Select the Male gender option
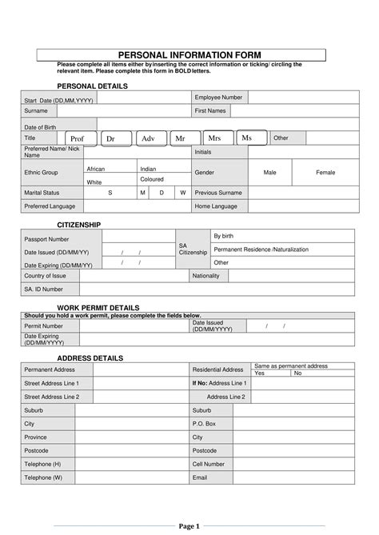[x=270, y=172]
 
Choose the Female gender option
[x=325, y=172]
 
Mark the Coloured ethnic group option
[x=152, y=179]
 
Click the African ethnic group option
[x=95, y=169]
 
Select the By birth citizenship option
[x=223, y=236]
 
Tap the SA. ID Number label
[x=43, y=289]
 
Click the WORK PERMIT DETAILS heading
[x=98, y=307]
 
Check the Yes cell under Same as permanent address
[x=259, y=373]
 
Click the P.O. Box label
[x=204, y=423]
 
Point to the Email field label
[x=199, y=477]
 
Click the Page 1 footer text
[x=189, y=526]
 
